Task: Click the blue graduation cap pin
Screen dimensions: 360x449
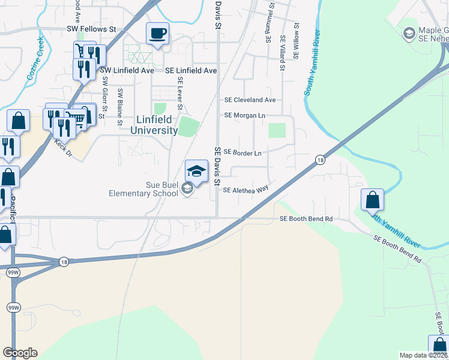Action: (x=196, y=172)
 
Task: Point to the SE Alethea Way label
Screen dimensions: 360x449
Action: (x=246, y=190)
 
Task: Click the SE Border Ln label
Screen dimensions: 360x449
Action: (x=243, y=153)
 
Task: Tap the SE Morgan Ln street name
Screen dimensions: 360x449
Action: (x=245, y=115)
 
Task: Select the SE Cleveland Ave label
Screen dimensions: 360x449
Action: (x=250, y=100)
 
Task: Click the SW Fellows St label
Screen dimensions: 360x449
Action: (x=90, y=28)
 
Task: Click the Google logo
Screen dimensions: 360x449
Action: (x=20, y=353)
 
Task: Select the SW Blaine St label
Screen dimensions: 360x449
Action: (x=120, y=107)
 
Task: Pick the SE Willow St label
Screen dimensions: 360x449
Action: (x=296, y=41)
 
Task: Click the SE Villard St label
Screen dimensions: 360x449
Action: (x=282, y=53)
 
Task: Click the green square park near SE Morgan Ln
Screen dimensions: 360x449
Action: (x=277, y=130)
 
